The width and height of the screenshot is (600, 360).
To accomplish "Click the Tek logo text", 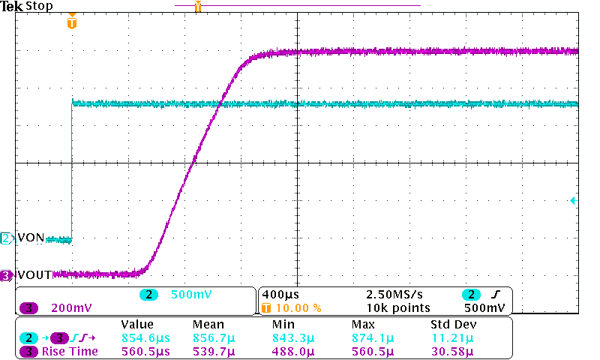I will tap(12, 6).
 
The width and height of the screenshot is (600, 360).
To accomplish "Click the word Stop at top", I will tap(39, 6).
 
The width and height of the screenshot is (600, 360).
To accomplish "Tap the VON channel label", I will tap(31, 238).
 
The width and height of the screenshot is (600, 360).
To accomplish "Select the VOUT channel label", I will tap(34, 275).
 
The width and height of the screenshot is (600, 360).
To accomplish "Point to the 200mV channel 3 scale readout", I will tap(71, 307).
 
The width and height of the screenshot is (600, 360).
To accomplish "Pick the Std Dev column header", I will tap(453, 325).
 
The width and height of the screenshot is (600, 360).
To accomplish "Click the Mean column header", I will tap(207, 325).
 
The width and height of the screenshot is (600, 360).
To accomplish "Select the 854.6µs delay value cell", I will tap(145, 337).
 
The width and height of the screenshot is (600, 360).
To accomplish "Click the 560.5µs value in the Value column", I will tap(145, 351).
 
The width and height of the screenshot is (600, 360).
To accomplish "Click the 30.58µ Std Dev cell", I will tap(452, 351).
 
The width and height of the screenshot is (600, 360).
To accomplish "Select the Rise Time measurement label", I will tap(70, 351).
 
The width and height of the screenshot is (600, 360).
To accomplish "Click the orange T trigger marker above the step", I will tap(72, 23).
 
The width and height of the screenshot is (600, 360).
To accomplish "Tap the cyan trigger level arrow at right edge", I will tap(572, 201).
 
